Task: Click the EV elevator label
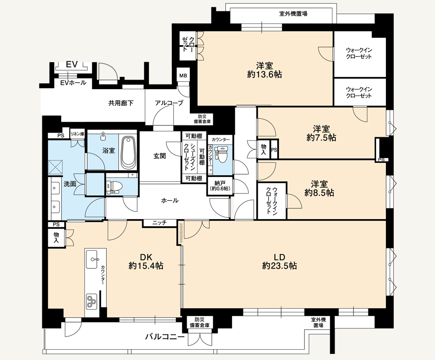click(72, 64)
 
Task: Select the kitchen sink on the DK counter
click(92, 259)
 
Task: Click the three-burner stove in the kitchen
click(91, 301)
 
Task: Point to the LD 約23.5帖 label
click(279, 261)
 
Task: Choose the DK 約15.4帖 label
click(146, 261)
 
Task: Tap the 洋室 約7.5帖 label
click(321, 133)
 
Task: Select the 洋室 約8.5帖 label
click(319, 188)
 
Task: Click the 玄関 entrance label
click(160, 156)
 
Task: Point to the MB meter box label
click(183, 76)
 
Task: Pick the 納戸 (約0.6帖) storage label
click(220, 186)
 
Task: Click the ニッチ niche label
click(159, 223)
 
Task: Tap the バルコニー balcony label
click(165, 337)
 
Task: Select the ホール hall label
click(170, 200)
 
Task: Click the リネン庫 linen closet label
click(77, 134)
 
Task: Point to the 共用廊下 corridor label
click(121, 103)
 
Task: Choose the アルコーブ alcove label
click(169, 103)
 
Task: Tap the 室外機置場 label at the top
click(293, 13)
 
